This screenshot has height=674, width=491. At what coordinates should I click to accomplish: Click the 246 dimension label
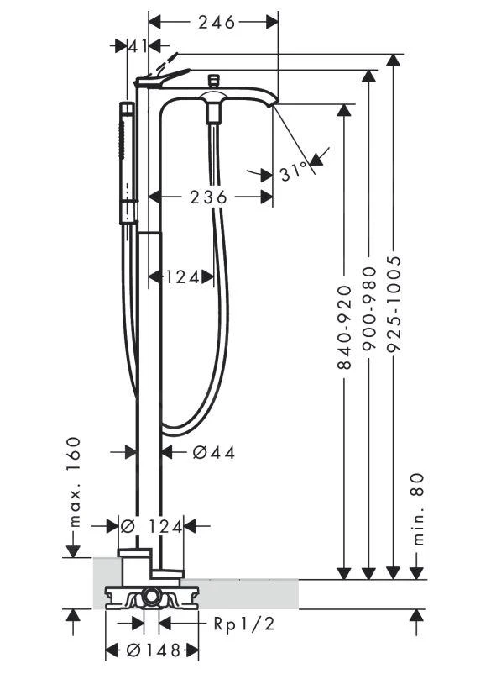pyautogui.click(x=217, y=22)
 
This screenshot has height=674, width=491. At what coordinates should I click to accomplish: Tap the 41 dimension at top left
pyautogui.click(x=138, y=46)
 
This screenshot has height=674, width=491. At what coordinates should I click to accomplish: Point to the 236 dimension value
pyautogui.click(x=208, y=197)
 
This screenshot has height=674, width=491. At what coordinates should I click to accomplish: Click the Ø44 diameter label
pyautogui.click(x=214, y=452)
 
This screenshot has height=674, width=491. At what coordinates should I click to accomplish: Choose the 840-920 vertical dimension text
pyautogui.click(x=344, y=327)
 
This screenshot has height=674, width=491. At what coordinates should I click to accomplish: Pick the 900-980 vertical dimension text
pyautogui.click(x=368, y=309)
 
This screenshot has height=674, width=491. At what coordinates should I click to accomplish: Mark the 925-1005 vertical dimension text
pyautogui.click(x=393, y=304)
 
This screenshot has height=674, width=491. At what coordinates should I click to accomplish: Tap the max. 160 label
pyautogui.click(x=74, y=482)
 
